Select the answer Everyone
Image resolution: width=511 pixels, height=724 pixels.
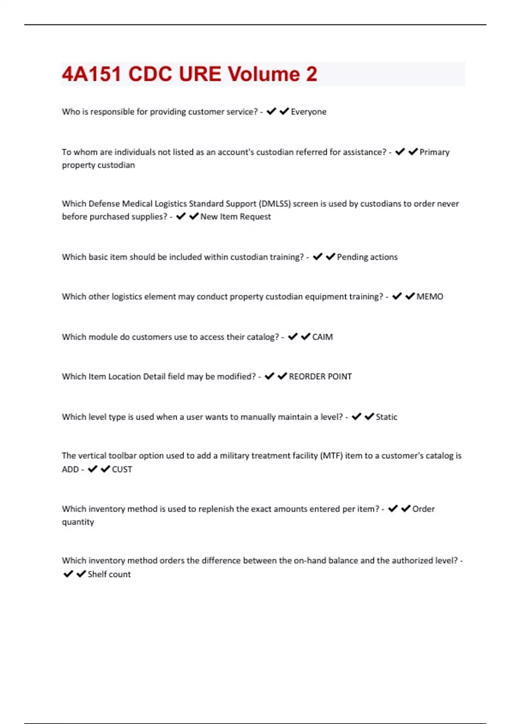(x=308, y=112)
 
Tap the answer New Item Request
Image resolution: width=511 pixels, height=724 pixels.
(x=235, y=216)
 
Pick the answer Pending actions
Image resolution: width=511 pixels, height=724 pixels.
(x=367, y=257)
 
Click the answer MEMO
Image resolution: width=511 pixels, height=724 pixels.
(x=430, y=296)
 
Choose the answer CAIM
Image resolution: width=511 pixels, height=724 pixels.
(x=322, y=337)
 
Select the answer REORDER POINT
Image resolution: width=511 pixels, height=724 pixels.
(x=320, y=376)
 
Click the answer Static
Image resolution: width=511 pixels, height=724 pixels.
(x=386, y=417)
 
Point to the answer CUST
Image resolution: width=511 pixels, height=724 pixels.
(x=122, y=469)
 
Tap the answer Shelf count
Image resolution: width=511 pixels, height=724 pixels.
(x=109, y=574)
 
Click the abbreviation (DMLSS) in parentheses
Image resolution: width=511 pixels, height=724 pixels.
(x=275, y=204)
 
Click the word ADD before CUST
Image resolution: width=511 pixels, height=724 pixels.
(x=70, y=469)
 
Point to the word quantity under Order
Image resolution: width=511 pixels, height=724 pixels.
(x=78, y=522)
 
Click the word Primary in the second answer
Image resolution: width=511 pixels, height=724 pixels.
(x=434, y=152)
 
